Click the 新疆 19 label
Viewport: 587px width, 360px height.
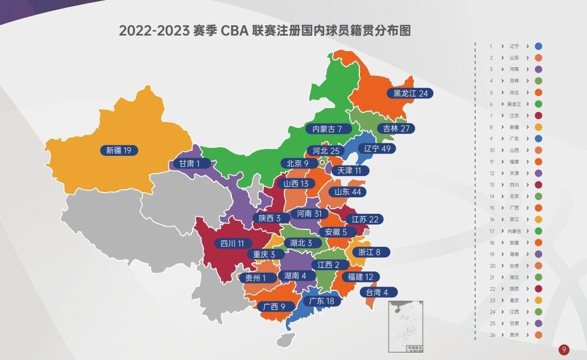click(x=119, y=151)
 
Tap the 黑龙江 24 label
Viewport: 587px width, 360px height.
click(x=410, y=93)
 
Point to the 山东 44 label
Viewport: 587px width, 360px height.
click(x=348, y=192)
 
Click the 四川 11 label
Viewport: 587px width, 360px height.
click(x=233, y=243)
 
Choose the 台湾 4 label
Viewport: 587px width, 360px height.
click(x=378, y=292)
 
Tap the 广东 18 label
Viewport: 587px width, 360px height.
click(x=322, y=301)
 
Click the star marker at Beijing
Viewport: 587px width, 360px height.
click(x=322, y=162)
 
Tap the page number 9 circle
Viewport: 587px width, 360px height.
click(x=565, y=349)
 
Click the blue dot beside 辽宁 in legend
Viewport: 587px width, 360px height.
click(x=538, y=46)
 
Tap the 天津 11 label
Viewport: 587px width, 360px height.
click(x=349, y=171)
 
